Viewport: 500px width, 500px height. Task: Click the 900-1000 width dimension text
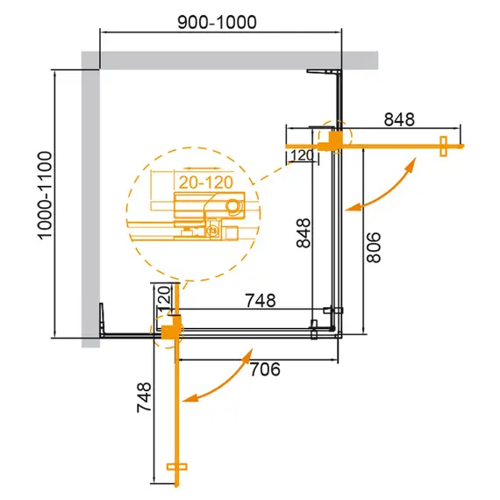point(220,22)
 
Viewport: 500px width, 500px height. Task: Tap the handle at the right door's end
point(443,144)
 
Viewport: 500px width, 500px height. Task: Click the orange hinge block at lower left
point(168,331)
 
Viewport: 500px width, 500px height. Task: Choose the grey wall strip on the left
point(90,202)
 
